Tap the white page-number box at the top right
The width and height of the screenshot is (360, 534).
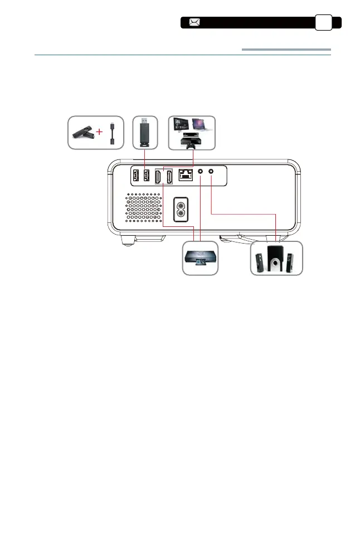pyautogui.click(x=324, y=22)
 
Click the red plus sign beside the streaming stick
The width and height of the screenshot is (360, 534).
pyautogui.click(x=100, y=133)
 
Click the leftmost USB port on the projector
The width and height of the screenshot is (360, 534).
pyautogui.click(x=135, y=176)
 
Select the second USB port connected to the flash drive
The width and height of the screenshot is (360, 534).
pyautogui.click(x=146, y=176)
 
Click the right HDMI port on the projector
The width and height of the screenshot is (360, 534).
pyautogui.click(x=171, y=177)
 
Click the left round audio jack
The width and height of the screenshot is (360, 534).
pyautogui.click(x=201, y=172)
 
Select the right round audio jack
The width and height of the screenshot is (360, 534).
pyautogui.click(x=211, y=172)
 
